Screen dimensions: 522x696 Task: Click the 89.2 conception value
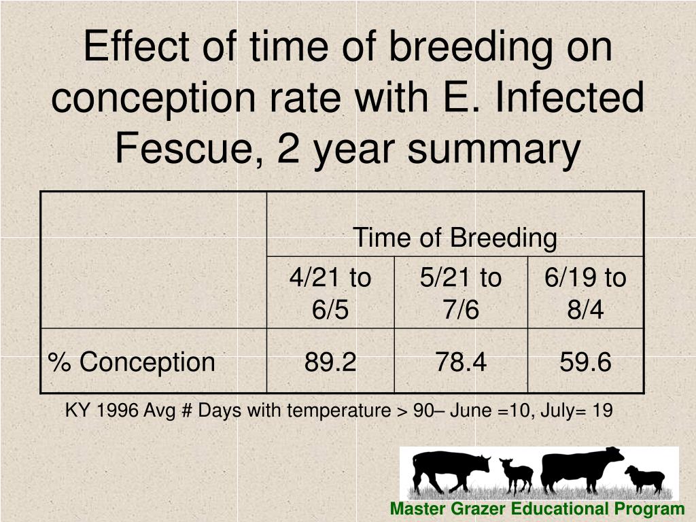[x=330, y=362]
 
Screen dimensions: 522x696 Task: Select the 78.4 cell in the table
[x=461, y=362]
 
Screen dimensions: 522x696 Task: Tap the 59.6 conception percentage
[x=585, y=362]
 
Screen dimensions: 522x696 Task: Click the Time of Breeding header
[x=455, y=238]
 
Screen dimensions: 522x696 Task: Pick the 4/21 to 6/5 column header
[x=330, y=294]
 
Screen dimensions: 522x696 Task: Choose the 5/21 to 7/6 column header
[x=461, y=294]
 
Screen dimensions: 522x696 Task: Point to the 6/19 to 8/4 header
[x=585, y=294]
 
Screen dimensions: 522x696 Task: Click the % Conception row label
[x=131, y=362]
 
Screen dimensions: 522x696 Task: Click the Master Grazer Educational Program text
[x=537, y=509]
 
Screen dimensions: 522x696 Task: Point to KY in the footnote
[x=74, y=411]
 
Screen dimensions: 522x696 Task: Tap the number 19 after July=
[x=603, y=411]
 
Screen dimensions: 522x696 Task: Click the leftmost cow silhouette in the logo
[x=449, y=470]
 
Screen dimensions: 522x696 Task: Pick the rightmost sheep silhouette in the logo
[x=644, y=478]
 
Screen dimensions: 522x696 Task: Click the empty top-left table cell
[x=154, y=260]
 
